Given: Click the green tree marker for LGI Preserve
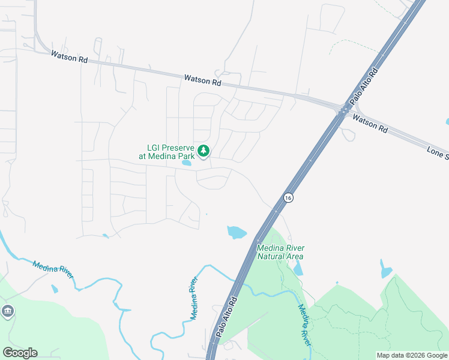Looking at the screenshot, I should pyautogui.click(x=203, y=151).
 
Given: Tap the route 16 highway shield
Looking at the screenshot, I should pyautogui.click(x=288, y=197).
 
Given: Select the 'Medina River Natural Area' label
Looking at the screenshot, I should pyautogui.click(x=280, y=252).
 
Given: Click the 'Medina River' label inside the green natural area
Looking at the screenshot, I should pyautogui.click(x=305, y=325).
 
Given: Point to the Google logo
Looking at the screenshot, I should pyautogui.click(x=20, y=353).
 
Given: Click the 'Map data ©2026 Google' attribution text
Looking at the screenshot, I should pyautogui.click(x=412, y=355).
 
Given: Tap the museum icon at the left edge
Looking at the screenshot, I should pyautogui.click(x=8, y=311).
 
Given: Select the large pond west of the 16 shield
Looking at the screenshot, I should pyautogui.click(x=237, y=232).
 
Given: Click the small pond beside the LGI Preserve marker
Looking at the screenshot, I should pyautogui.click(x=187, y=163).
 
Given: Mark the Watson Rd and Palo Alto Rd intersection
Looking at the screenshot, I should pyautogui.click(x=343, y=110).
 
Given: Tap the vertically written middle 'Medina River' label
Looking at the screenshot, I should pyautogui.click(x=194, y=298).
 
